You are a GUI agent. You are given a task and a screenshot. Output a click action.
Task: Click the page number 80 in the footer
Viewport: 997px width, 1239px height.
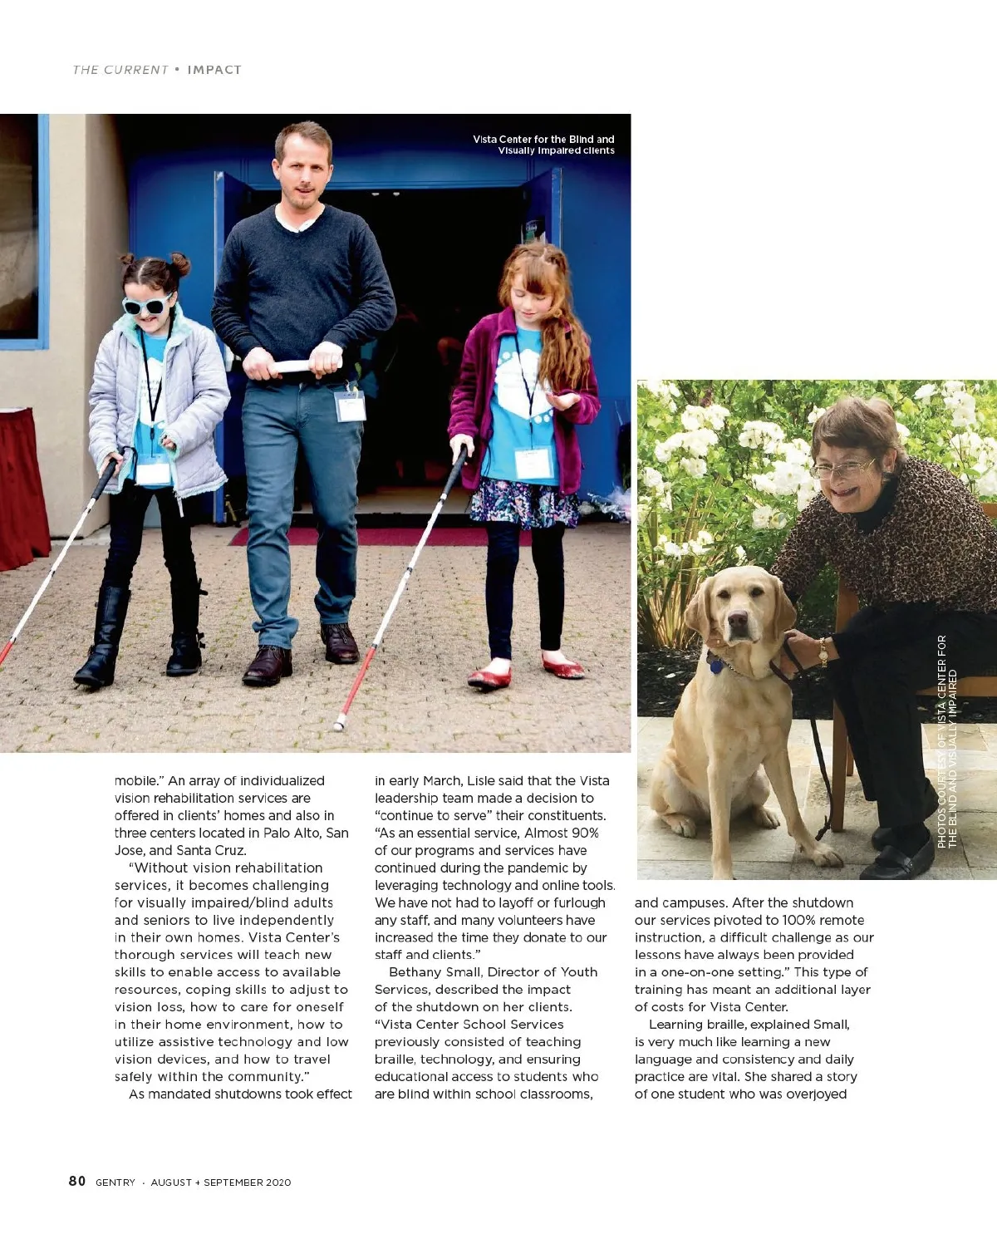77,1181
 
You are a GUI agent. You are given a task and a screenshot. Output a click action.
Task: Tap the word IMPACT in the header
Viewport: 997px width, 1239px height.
214,70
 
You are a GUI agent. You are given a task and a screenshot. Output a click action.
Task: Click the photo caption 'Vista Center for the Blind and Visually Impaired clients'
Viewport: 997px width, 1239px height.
544,145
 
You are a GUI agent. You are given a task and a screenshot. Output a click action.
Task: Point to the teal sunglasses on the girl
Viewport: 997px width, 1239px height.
146,305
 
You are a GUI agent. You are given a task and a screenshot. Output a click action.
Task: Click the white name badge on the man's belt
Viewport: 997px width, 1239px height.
350,406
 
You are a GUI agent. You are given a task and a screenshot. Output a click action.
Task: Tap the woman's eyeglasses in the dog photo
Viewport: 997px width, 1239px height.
842,470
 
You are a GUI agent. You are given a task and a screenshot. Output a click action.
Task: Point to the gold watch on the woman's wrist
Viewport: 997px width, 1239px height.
823,652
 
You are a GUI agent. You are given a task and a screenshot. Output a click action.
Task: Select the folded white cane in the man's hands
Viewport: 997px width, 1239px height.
297,366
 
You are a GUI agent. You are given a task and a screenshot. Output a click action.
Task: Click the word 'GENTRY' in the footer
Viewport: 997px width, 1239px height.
115,1182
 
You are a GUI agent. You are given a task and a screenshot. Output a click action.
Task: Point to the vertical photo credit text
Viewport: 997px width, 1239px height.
947,741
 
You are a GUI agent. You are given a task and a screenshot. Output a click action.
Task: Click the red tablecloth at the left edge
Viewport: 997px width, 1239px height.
21,490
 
